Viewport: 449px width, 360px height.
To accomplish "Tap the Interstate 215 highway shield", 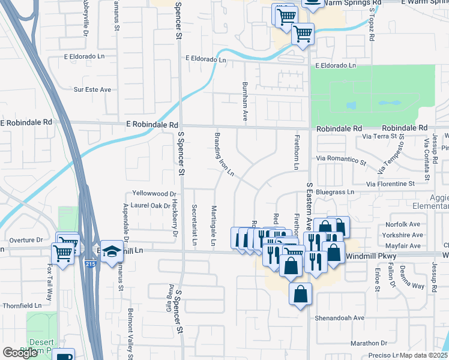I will pyautogui.click(x=90, y=263).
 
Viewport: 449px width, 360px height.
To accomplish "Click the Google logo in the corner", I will pyautogui.click(x=20, y=353).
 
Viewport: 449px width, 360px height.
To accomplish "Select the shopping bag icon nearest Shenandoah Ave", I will pyautogui.click(x=301, y=295).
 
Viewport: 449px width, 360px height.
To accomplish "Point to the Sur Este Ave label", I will pyautogui.click(x=92, y=89).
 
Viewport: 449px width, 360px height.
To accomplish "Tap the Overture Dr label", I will pyautogui.click(x=26, y=239).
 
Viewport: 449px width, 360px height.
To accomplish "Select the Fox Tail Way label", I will pyautogui.click(x=49, y=287).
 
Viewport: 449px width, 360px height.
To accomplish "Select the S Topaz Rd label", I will pyautogui.click(x=372, y=29).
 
